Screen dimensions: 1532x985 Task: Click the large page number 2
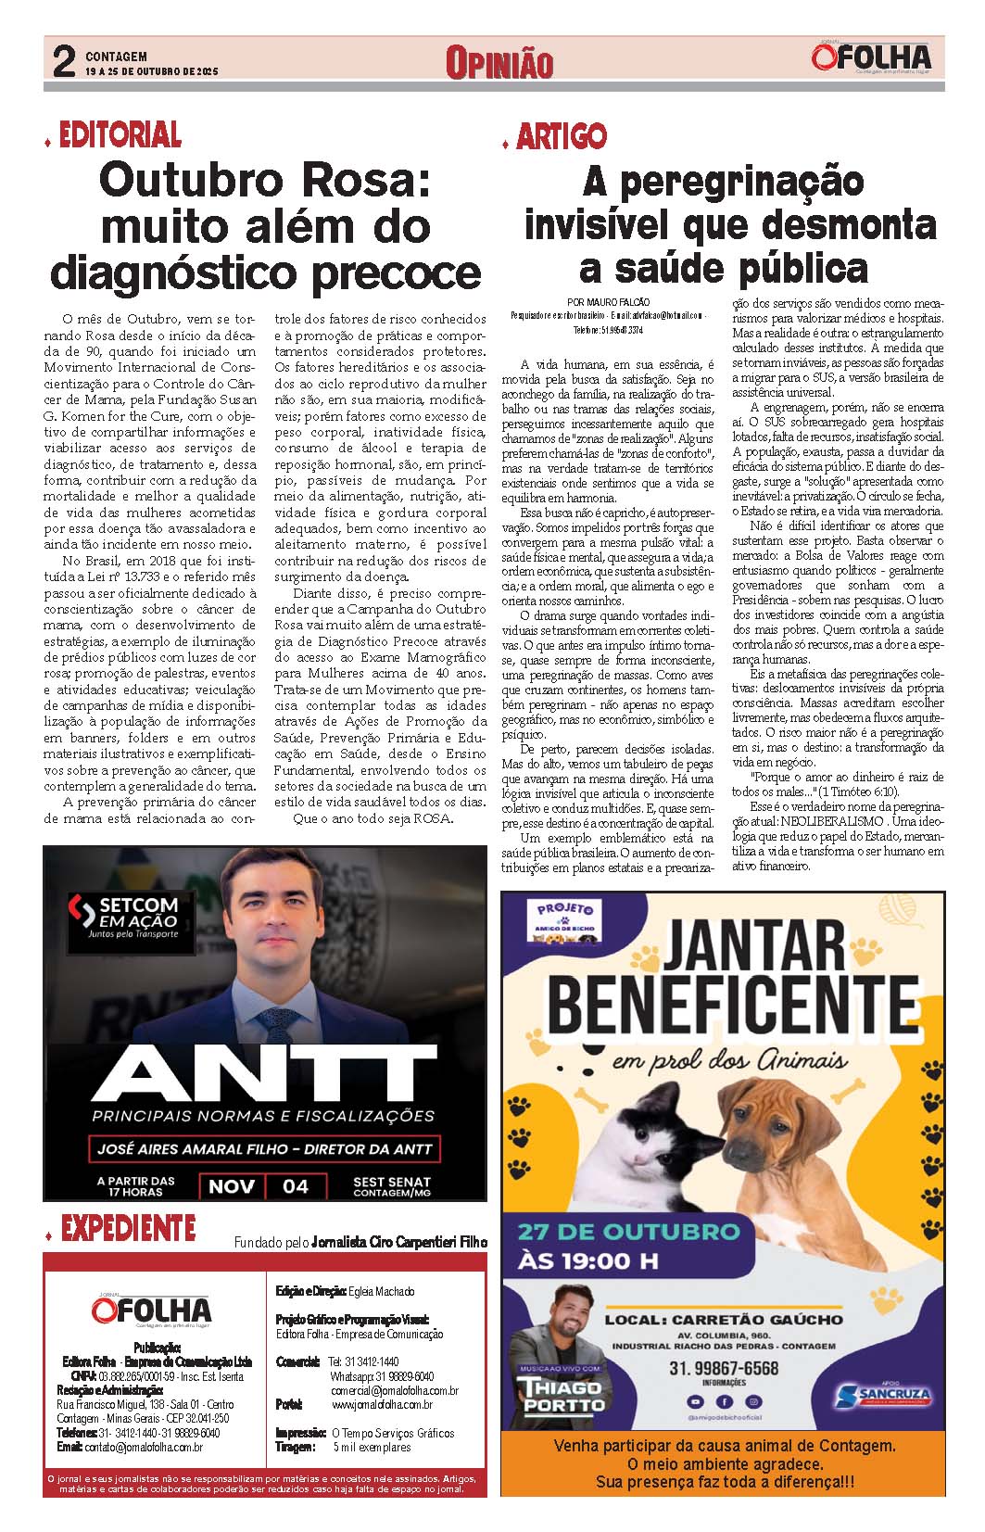pyautogui.click(x=63, y=62)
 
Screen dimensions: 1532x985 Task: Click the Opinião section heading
pyautogui.click(x=499, y=63)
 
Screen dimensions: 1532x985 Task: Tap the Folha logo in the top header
pyautogui.click(x=871, y=57)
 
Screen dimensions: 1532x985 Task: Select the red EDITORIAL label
pyautogui.click(x=120, y=136)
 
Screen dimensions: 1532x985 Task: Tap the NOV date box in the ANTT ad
pyautogui.click(x=232, y=1185)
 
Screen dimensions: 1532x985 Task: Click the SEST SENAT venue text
pyautogui.click(x=391, y=1186)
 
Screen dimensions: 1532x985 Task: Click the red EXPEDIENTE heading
pyautogui.click(x=128, y=1229)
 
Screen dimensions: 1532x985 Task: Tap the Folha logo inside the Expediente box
pyautogui.click(x=151, y=1309)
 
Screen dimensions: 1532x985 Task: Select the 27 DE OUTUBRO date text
pyautogui.click(x=628, y=1232)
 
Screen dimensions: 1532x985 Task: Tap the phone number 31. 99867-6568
pyautogui.click(x=724, y=1368)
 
